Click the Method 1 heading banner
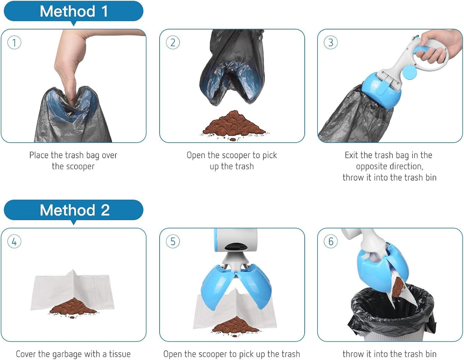tap(74, 12)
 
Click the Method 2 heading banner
tap(74, 210)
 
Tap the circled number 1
tap(14, 42)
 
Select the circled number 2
tap(173, 42)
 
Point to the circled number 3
tap(331, 42)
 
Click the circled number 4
tap(14, 242)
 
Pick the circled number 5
tap(173, 242)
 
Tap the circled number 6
tap(331, 242)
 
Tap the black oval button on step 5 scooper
tap(235, 247)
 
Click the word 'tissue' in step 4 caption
tap(120, 354)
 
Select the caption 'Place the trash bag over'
tap(73, 155)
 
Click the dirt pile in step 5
tap(236, 325)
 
